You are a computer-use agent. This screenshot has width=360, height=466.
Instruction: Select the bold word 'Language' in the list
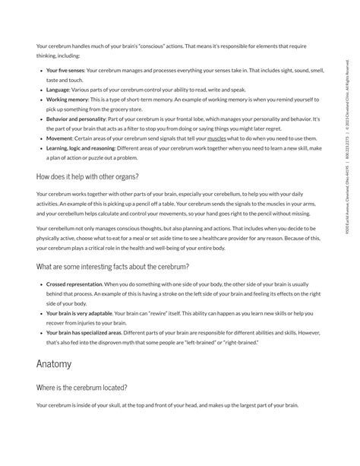point(57,89)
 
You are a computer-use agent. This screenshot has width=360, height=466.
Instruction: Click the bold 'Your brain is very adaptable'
point(79,313)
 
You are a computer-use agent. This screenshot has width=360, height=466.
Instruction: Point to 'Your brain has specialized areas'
point(83,333)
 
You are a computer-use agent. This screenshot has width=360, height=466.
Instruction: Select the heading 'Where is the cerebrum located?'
point(81,387)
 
